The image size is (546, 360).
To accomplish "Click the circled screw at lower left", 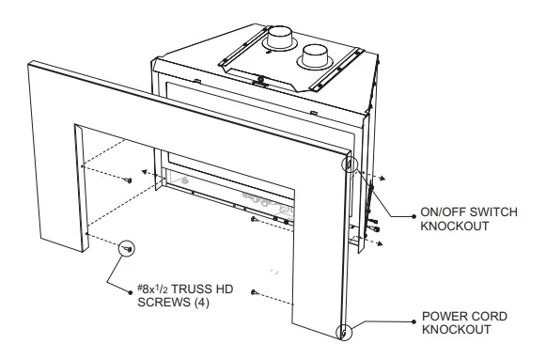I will (126, 246).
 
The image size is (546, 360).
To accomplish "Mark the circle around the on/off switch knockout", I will (352, 166).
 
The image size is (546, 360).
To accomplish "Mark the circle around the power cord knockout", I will (346, 330).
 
